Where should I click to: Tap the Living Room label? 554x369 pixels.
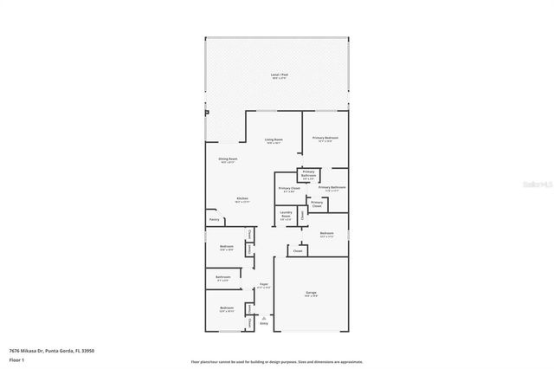click(x=274, y=141)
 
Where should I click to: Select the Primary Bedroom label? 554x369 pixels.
click(x=325, y=138)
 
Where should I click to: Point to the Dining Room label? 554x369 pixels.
click(x=228, y=159)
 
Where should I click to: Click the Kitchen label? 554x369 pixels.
click(x=242, y=198)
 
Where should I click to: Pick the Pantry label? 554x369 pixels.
click(x=214, y=219)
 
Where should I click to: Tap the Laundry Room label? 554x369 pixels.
click(x=286, y=214)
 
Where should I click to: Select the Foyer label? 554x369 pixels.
click(x=264, y=284)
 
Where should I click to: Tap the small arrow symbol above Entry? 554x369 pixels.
click(x=264, y=316)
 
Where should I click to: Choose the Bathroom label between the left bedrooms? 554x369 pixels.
click(x=223, y=277)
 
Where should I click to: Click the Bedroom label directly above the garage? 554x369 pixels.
click(x=326, y=233)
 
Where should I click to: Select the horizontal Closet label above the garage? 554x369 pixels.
click(x=298, y=250)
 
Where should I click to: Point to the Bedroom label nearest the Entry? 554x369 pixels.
click(x=226, y=308)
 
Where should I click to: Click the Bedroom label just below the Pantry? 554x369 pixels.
click(x=226, y=247)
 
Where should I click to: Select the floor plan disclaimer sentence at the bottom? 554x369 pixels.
click(x=277, y=360)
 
